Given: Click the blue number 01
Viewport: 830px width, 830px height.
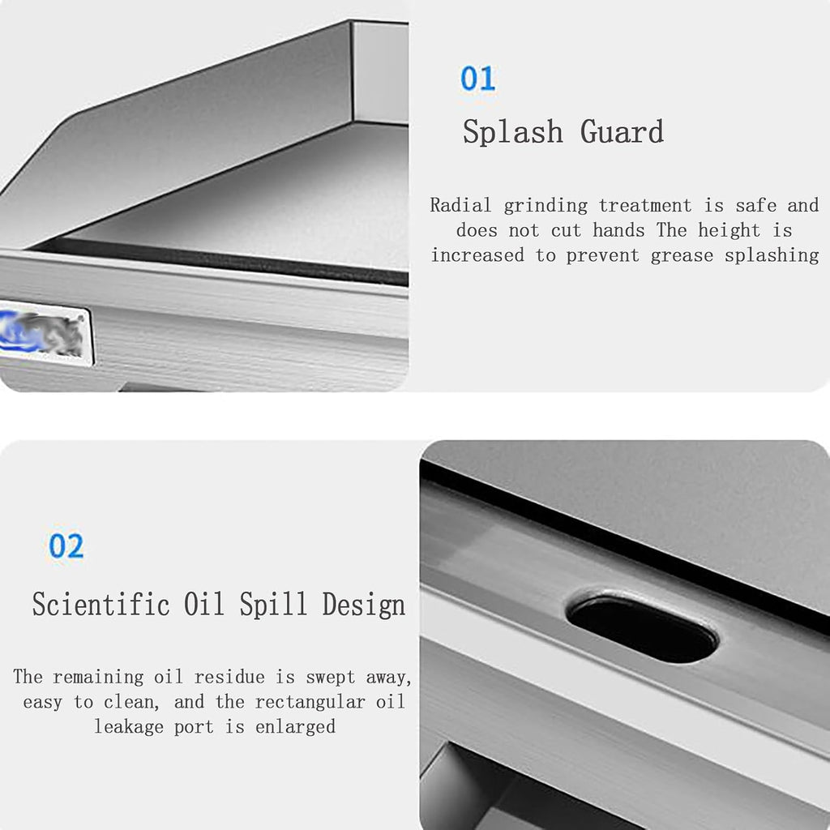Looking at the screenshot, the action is pyautogui.click(x=477, y=79).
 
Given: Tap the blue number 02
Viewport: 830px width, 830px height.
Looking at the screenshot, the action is pyautogui.click(x=66, y=545).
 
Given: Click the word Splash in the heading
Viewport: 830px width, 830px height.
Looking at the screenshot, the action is pyautogui.click(x=512, y=131).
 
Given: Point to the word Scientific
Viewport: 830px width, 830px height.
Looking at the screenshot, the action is pyautogui.click(x=101, y=604).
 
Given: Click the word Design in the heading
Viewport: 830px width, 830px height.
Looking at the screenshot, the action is pyautogui.click(x=364, y=605).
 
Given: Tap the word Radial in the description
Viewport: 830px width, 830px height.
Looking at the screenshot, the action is pyautogui.click(x=460, y=205).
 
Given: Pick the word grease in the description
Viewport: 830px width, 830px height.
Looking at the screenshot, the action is pyautogui.click(x=681, y=256).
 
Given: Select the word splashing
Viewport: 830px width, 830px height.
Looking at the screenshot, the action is pyautogui.click(x=772, y=255).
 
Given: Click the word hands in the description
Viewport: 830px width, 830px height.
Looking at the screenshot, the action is pyautogui.click(x=618, y=230).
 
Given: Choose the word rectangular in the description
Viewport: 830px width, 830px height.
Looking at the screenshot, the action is pyautogui.click(x=310, y=703).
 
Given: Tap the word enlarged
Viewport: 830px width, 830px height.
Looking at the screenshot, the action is pyautogui.click(x=295, y=727).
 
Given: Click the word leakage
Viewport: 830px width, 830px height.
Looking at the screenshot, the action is pyautogui.click(x=129, y=727).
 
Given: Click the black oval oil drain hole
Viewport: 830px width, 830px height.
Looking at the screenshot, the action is pyautogui.click(x=643, y=628).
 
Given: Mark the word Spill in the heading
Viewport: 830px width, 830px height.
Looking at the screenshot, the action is pyautogui.click(x=273, y=605).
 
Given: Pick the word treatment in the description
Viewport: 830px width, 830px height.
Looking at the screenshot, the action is pyautogui.click(x=644, y=205).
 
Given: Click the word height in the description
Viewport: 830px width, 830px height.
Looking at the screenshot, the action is pyautogui.click(x=729, y=230).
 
